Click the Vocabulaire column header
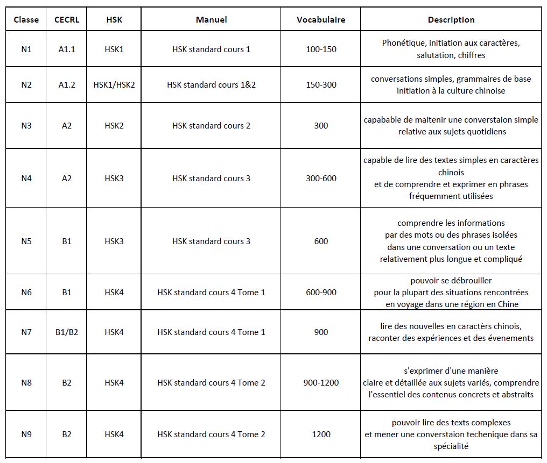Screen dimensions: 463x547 coord(321,20)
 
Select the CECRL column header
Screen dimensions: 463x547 coord(67,20)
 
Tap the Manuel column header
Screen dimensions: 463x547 coord(211,20)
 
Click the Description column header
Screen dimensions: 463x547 coord(451,20)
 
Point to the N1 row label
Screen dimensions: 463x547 coord(26,49)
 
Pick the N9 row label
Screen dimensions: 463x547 coord(26,434)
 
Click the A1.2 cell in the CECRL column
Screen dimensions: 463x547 coord(67,85)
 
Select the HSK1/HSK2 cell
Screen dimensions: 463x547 coord(114,85)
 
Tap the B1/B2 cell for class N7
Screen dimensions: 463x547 coord(67,332)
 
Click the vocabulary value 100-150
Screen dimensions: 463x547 coord(321,49)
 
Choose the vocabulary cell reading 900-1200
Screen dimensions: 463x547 coord(321,383)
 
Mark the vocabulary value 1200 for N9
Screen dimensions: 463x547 coord(321,434)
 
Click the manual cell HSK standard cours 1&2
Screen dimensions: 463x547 coord(211,85)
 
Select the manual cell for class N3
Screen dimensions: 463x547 coord(211,126)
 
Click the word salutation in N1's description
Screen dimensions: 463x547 coord(435,55)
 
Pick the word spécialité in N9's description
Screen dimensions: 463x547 coord(451,446)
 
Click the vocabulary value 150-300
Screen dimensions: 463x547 coord(321,85)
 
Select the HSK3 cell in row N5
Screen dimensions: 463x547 coord(114,241)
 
